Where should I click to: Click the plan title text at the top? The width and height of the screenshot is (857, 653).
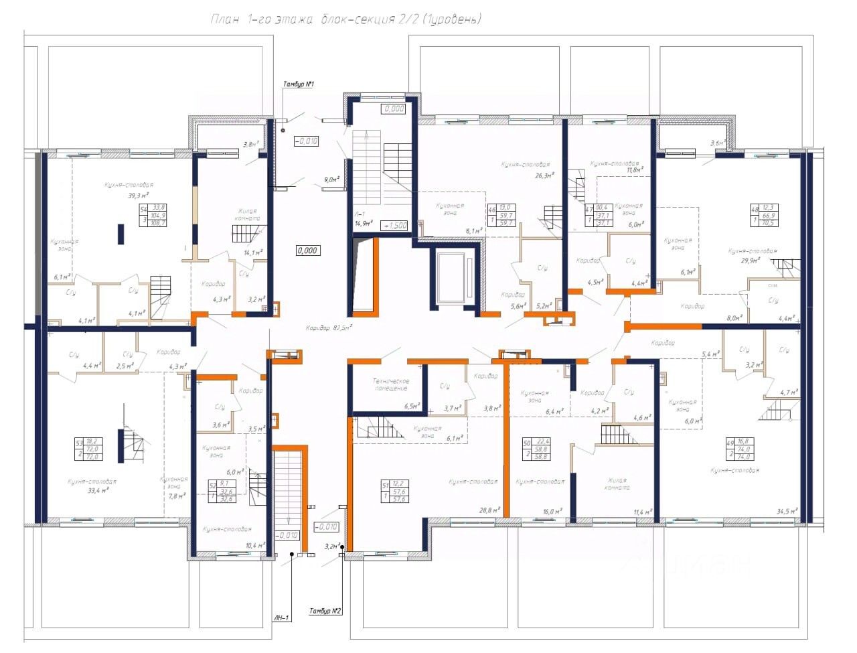tap(345, 19)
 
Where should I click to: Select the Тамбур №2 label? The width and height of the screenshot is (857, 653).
tap(326, 611)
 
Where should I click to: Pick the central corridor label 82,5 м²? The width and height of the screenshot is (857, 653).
tap(329, 328)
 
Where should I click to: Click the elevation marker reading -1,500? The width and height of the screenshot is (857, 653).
tap(394, 226)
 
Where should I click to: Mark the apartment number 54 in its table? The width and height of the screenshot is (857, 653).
tap(143, 208)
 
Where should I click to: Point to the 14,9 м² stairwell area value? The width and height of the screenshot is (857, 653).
tap(364, 224)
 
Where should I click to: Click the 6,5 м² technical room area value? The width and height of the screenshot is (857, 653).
tap(412, 406)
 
